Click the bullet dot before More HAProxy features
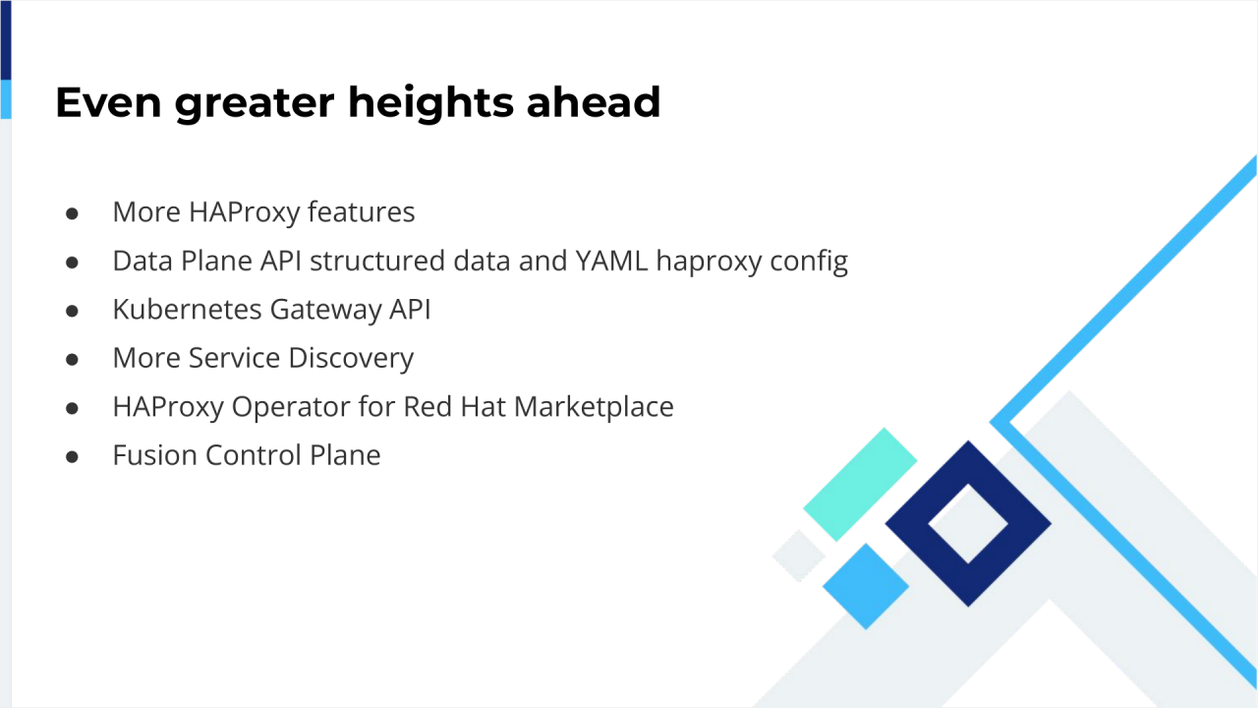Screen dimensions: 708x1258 click(x=72, y=212)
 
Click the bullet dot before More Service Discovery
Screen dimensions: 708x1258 click(x=72, y=359)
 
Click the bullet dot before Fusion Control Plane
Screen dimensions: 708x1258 click(x=72, y=456)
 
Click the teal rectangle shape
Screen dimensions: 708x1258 click(x=860, y=484)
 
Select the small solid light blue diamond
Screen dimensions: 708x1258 click(x=866, y=586)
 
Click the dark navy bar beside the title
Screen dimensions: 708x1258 click(x=5, y=39)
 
